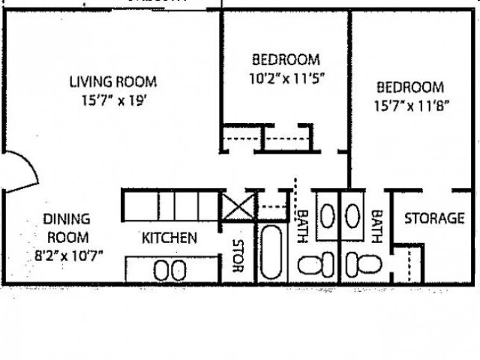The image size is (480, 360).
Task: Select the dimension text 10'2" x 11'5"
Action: [x=285, y=76]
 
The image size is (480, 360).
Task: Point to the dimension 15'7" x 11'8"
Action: [x=410, y=105]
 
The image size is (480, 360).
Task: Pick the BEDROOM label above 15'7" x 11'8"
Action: [x=410, y=88]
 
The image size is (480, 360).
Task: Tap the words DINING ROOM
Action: [x=65, y=227]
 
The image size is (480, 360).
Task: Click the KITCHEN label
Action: [x=169, y=238]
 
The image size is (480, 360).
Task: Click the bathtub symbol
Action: [x=271, y=251]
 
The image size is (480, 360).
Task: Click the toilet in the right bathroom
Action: [x=363, y=264]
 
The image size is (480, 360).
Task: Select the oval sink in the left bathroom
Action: [x=328, y=215]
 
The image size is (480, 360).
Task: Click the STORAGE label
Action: [x=434, y=219]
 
